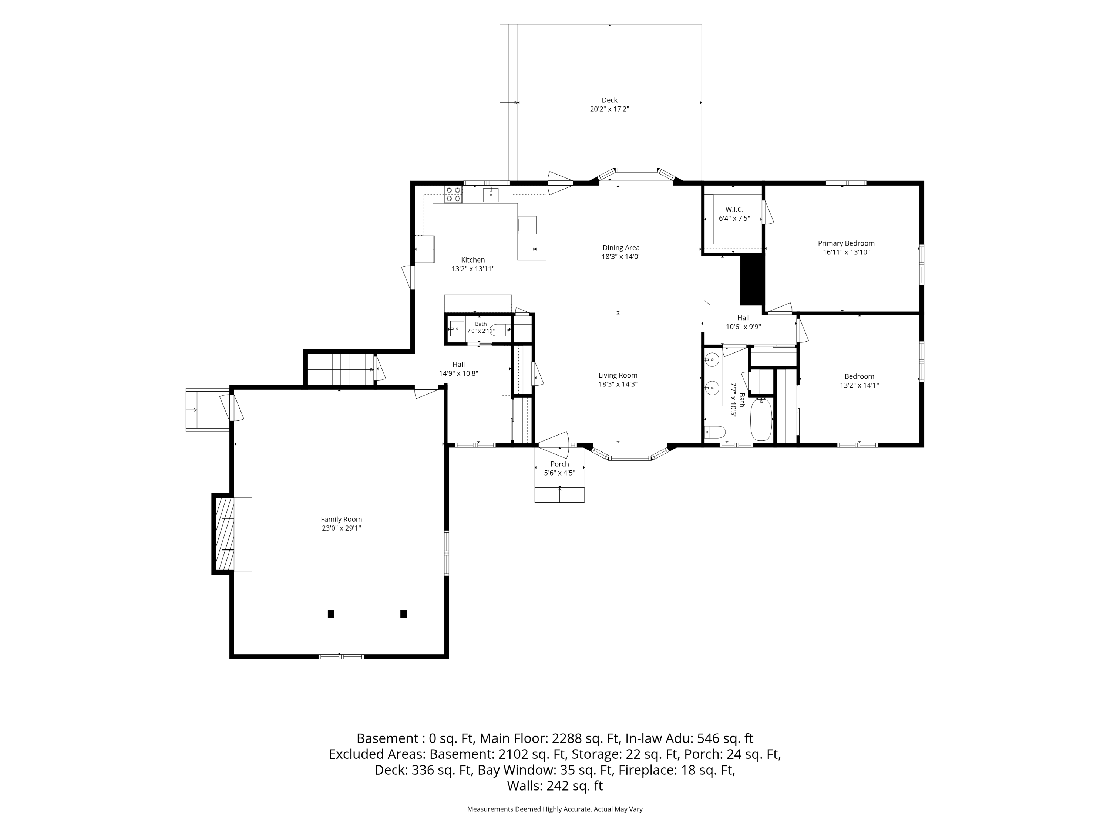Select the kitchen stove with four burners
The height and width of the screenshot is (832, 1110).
click(x=453, y=195)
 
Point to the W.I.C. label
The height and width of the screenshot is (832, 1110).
click(x=734, y=210)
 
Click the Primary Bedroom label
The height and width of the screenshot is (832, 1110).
click(x=846, y=243)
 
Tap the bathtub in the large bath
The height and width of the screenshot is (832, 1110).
click(x=761, y=420)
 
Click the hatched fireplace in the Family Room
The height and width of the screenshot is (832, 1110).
click(x=224, y=534)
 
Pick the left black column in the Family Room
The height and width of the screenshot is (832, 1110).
click(x=331, y=614)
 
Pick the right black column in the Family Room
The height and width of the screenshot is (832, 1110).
click(x=403, y=614)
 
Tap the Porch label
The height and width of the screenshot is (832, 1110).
click(x=559, y=464)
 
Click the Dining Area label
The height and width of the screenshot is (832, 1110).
click(x=621, y=248)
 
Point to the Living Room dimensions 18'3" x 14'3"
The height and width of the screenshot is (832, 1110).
click(x=618, y=384)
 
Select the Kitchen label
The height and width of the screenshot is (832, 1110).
click(x=473, y=260)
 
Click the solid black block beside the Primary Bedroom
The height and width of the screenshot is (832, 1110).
click(x=752, y=280)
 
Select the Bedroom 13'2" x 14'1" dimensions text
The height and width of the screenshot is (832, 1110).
click(x=860, y=386)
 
